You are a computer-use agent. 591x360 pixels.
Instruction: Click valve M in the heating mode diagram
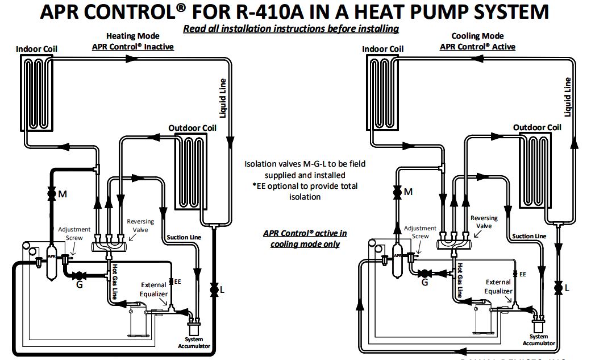[x=51, y=194]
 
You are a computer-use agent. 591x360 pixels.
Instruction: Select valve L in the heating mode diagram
[x=214, y=290]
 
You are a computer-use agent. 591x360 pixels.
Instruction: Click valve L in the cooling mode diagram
[x=559, y=288]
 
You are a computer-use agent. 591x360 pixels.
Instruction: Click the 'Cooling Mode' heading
[x=477, y=36]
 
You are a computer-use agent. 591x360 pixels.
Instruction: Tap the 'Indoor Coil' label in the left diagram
[x=36, y=49]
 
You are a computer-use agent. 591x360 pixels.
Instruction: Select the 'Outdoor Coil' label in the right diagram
[x=537, y=127]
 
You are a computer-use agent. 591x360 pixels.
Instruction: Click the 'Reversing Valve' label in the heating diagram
[x=140, y=225]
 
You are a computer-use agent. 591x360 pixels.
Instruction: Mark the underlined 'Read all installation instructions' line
[x=290, y=28]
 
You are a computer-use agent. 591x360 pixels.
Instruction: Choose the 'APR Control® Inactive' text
[x=132, y=47]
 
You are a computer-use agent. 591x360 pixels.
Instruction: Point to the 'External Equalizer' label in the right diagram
[x=498, y=287]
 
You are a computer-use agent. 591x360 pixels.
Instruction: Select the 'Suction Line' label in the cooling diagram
[x=529, y=236]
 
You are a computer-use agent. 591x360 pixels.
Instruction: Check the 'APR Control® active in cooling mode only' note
[x=305, y=239]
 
